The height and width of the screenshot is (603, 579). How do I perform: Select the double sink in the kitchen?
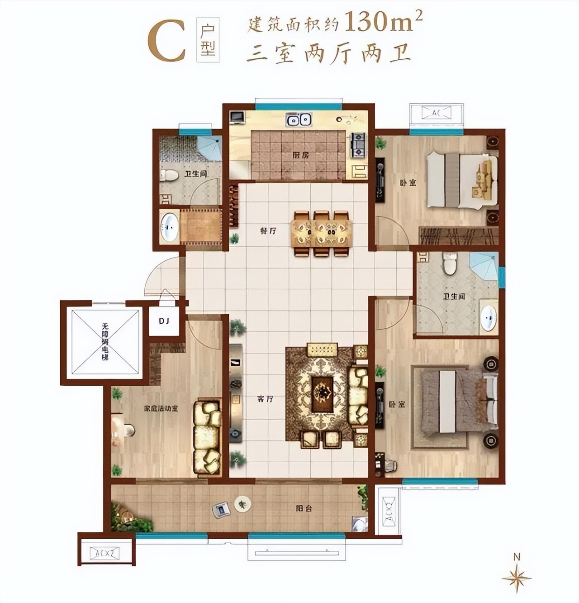tap(299, 120)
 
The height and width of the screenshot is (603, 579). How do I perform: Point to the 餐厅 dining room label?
tap(268, 231)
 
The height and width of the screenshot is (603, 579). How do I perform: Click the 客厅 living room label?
tap(265, 399)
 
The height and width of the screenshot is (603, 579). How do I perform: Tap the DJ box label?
tap(164, 321)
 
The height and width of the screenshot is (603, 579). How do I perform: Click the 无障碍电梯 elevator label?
tap(105, 342)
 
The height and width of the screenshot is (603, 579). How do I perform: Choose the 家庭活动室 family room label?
tap(161, 408)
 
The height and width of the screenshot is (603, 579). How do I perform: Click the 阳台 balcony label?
tap(304, 508)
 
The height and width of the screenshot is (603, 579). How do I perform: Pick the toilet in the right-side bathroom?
tap(450, 264)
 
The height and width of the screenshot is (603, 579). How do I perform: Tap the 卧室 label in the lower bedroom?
tap(397, 404)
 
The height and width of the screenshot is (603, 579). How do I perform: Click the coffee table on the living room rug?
tap(323, 391)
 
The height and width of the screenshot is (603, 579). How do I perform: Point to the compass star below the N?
tap(517, 578)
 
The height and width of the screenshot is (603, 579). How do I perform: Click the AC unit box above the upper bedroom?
tap(436, 112)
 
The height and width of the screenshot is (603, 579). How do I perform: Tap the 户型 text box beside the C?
tap(208, 39)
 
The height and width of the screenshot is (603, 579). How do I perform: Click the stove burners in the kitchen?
tap(358, 144)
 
